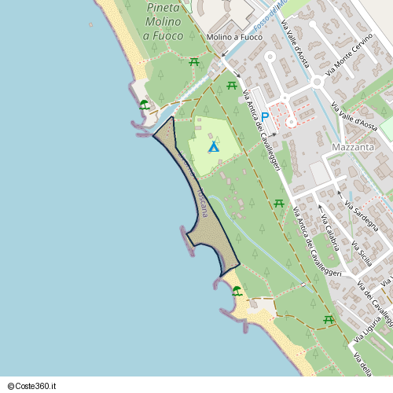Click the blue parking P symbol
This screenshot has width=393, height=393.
(265, 117)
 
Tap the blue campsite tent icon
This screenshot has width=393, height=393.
(213, 147)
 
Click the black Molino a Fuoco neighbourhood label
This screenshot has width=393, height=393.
(234, 37)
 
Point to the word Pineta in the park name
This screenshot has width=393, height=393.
(163, 7)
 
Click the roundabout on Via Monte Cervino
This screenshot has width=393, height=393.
(318, 81)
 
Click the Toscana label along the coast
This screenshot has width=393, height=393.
(203, 202)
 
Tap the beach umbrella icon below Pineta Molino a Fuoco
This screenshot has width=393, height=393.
(144, 104)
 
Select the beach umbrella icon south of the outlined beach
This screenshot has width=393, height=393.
(237, 291)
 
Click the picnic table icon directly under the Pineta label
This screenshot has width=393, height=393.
(193, 61)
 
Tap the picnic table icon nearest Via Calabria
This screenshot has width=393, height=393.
(278, 204)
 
